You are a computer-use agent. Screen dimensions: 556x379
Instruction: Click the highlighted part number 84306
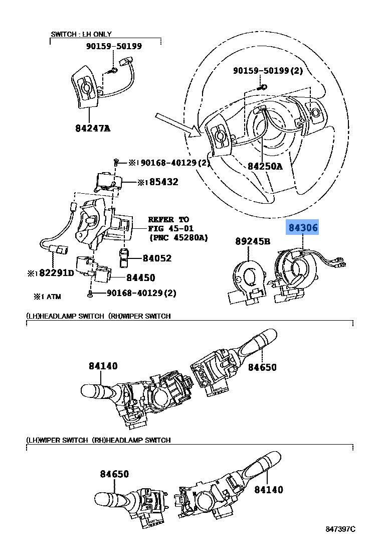pos(302,228)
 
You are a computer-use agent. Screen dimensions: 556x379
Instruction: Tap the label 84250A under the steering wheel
pos(264,166)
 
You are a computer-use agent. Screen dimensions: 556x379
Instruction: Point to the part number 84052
pos(157,258)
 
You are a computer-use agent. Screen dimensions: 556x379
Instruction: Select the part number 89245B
pos(253,241)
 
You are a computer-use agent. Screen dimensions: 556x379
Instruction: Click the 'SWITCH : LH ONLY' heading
pos(81,34)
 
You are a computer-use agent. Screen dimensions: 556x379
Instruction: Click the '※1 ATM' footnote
pos(47,297)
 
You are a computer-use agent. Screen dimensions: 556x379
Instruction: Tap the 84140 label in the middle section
pos(103,366)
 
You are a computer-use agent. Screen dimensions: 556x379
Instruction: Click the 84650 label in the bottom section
pos(114,474)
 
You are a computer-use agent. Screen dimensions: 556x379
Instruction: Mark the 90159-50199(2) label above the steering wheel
pos(268,71)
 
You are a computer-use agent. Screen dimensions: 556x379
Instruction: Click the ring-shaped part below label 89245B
pos(249,276)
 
